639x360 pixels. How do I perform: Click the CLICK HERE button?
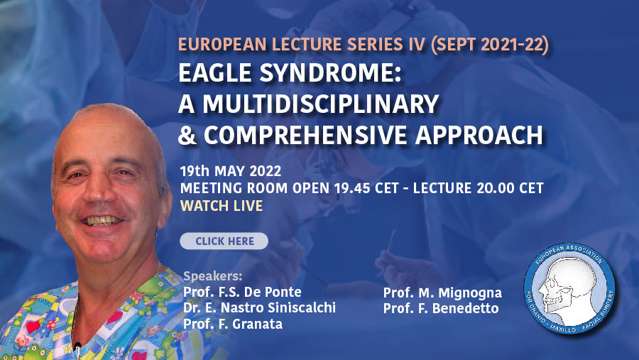pos(224,241)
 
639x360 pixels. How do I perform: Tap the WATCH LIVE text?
pos(222,206)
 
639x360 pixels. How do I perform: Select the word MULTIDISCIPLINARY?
pos(321,104)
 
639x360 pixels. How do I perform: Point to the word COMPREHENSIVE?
pos(305,135)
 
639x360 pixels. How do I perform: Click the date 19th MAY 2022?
pos(231,171)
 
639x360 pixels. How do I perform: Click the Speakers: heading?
pos(212,276)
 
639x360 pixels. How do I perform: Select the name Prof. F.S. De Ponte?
pos(242,292)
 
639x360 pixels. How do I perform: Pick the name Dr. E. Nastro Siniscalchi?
pos(259,307)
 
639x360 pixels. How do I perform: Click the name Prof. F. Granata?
pos(233,324)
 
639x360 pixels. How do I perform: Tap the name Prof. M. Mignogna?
pos(442,293)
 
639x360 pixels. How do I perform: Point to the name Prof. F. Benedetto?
pos(441,308)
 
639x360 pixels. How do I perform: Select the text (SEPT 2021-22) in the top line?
pos(489,45)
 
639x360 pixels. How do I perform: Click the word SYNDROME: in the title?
pos(330,73)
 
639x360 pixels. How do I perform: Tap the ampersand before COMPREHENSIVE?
pos(187,135)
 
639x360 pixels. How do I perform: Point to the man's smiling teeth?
pos(102,221)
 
